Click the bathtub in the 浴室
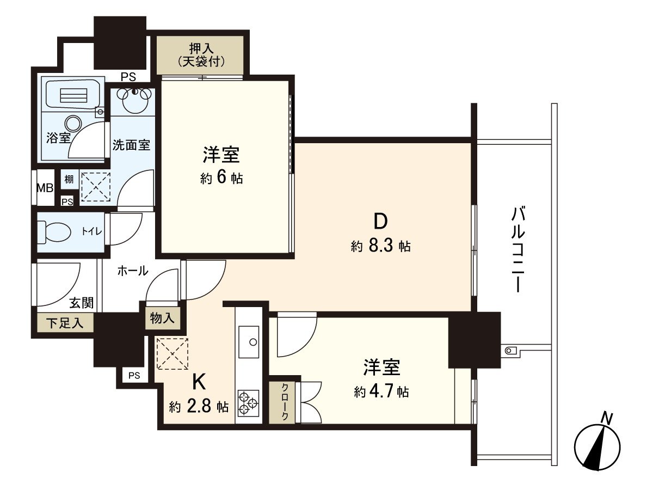(72, 95)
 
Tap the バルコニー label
(517, 250)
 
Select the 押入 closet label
(201, 54)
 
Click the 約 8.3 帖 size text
(380, 246)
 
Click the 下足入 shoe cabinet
(65, 323)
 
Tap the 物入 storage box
(162, 318)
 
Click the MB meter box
(45, 188)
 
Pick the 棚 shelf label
(69, 179)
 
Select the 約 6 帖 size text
(221, 178)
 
